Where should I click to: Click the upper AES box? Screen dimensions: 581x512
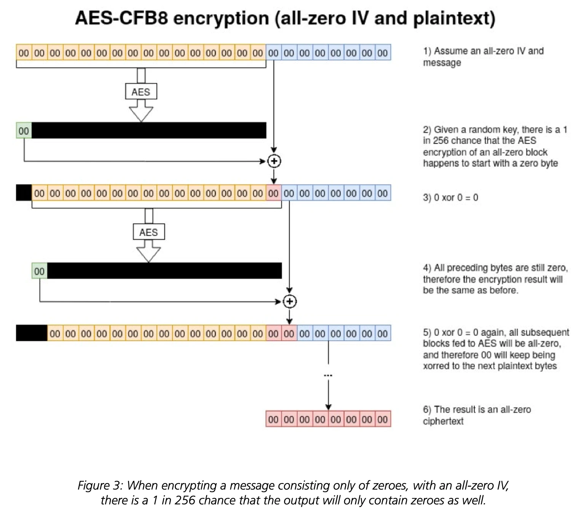pos(141,91)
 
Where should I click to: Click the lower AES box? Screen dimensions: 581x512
pos(148,232)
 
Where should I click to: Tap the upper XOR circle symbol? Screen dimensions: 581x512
pos(274,161)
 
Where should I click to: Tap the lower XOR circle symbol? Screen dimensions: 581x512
pos(289,301)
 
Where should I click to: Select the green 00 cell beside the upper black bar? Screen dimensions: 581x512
pos(24,130)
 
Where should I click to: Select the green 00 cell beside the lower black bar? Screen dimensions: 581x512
pos(40,271)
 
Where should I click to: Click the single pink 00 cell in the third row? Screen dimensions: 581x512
pos(274,193)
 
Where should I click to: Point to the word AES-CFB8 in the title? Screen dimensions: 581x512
pos(121,18)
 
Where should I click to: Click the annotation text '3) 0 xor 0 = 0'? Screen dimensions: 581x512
pos(450,197)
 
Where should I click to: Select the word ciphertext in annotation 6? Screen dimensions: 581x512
pos(443,421)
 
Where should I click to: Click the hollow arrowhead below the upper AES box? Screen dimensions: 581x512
pos(141,114)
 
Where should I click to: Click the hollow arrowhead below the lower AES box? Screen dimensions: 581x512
pos(148,254)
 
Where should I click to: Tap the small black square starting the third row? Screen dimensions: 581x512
pos(24,193)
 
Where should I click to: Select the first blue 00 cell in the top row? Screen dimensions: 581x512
pos(274,52)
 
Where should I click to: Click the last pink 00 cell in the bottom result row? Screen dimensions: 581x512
pos(383,419)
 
